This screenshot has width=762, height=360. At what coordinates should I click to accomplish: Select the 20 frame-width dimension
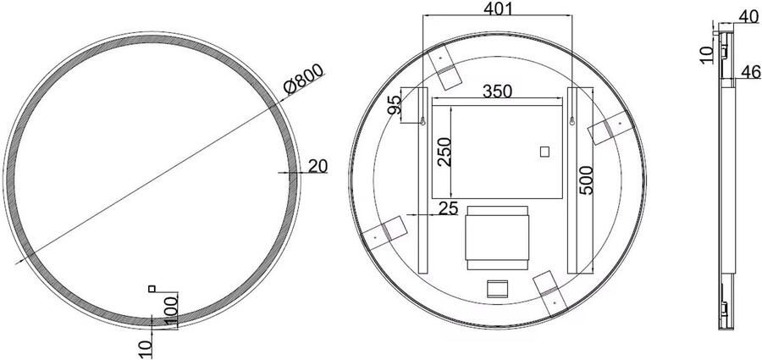[317, 166]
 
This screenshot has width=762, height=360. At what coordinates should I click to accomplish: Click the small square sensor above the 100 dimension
[152, 290]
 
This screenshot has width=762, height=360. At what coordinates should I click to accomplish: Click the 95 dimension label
[395, 107]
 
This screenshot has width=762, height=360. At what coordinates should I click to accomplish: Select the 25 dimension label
[449, 207]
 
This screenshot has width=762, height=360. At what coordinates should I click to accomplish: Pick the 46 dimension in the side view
[748, 72]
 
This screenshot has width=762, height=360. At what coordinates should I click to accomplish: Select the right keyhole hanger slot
[573, 120]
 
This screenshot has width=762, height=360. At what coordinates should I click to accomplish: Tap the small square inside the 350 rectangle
[544, 152]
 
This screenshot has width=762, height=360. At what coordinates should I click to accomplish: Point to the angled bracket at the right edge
[610, 127]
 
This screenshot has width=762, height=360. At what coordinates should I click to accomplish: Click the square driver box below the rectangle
[497, 238]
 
